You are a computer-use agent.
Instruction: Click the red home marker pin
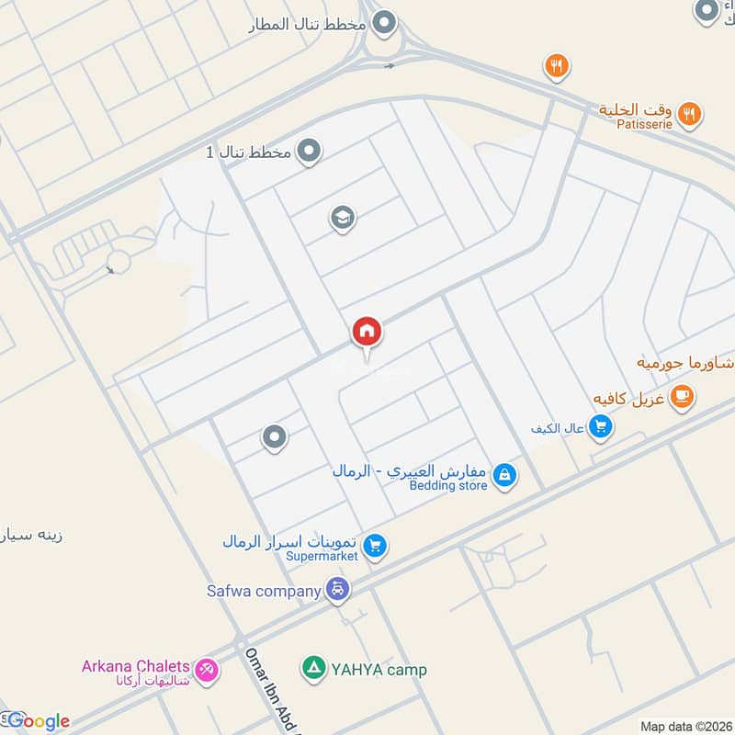click(367, 333)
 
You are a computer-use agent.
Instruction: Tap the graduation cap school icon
click(342, 219)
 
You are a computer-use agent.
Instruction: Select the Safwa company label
click(264, 591)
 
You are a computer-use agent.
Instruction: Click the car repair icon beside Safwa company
click(338, 590)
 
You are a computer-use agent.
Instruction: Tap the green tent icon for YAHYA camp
click(314, 668)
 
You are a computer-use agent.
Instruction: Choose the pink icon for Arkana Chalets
click(209, 671)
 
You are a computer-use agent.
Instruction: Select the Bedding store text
click(448, 485)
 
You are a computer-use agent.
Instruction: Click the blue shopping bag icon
click(503, 475)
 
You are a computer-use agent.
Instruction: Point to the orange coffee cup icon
click(681, 396)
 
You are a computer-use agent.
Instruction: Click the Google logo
click(38, 721)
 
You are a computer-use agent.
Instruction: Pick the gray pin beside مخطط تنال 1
click(310, 151)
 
